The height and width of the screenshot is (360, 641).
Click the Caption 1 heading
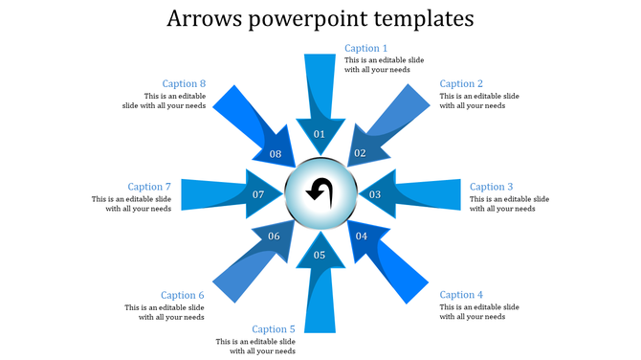click(x=366, y=49)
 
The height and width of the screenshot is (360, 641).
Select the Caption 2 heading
click(x=461, y=84)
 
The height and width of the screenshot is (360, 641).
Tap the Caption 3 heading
click(x=492, y=188)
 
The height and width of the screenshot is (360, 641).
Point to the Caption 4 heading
click(x=461, y=295)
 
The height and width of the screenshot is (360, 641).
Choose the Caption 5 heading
click(x=274, y=329)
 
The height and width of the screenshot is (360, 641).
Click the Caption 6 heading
click(x=183, y=295)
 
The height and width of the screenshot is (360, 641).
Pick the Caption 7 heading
click(x=149, y=188)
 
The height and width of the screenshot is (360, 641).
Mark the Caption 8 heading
click(x=184, y=84)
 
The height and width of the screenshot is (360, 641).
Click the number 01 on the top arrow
click(x=320, y=135)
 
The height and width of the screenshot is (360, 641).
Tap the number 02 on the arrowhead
click(x=361, y=153)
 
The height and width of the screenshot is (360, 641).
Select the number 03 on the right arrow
click(x=376, y=195)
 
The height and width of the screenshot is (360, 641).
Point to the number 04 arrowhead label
click(x=362, y=236)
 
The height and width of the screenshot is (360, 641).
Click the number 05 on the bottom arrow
click(x=320, y=255)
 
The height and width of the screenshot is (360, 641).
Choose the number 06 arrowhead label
click(x=275, y=236)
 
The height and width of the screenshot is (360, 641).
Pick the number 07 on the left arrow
click(x=258, y=195)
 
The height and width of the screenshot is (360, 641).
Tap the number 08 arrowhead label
click(x=276, y=154)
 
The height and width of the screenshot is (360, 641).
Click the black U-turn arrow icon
click(x=319, y=191)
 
